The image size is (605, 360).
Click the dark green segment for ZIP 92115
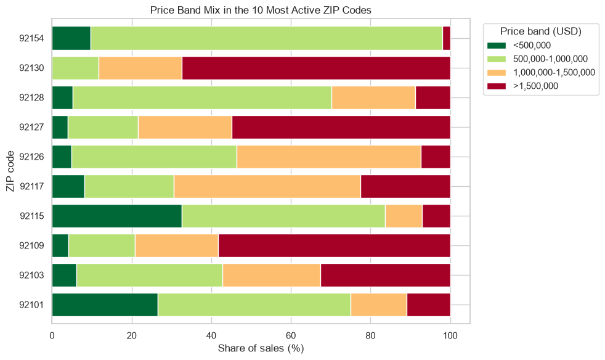click(117, 216)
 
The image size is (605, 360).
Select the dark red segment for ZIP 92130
click(316, 68)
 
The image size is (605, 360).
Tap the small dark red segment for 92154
click(447, 38)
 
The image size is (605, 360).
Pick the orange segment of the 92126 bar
click(329, 157)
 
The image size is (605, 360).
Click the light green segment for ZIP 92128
click(202, 98)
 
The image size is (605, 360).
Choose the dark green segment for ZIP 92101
click(105, 305)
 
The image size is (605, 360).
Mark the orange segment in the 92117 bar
click(267, 187)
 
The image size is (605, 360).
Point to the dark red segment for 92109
click(334, 246)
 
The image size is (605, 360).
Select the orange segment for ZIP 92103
click(272, 276)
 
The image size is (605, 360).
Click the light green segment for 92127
click(103, 127)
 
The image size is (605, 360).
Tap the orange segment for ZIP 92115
click(404, 216)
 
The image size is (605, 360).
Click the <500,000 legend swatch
click(496, 46)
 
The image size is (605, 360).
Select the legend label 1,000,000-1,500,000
click(554, 72)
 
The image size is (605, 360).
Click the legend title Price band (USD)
click(540, 31)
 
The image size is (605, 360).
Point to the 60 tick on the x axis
click(291, 336)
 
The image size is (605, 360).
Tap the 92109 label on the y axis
click(31, 246)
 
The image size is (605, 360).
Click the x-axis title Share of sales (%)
click(261, 348)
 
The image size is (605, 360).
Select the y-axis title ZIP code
click(10, 171)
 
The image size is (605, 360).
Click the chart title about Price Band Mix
click(261, 10)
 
